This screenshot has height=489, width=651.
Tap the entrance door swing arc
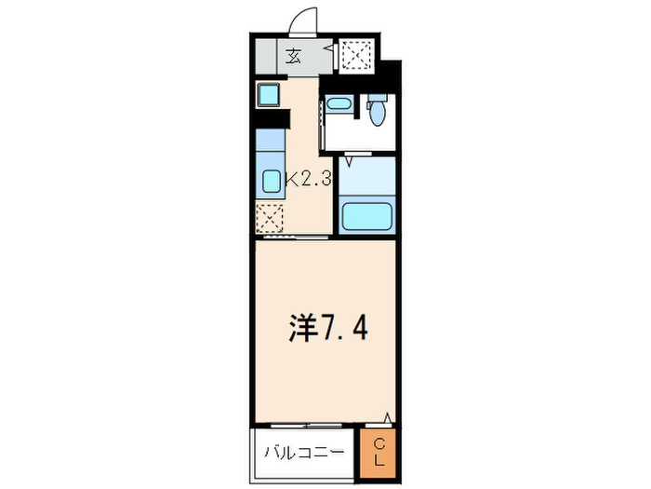click(x=304, y=20)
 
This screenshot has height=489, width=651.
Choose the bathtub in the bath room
click(x=365, y=216)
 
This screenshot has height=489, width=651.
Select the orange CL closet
click(x=378, y=453)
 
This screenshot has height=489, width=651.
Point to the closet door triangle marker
click(x=388, y=419)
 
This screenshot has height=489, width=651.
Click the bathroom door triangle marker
click(x=348, y=161)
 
